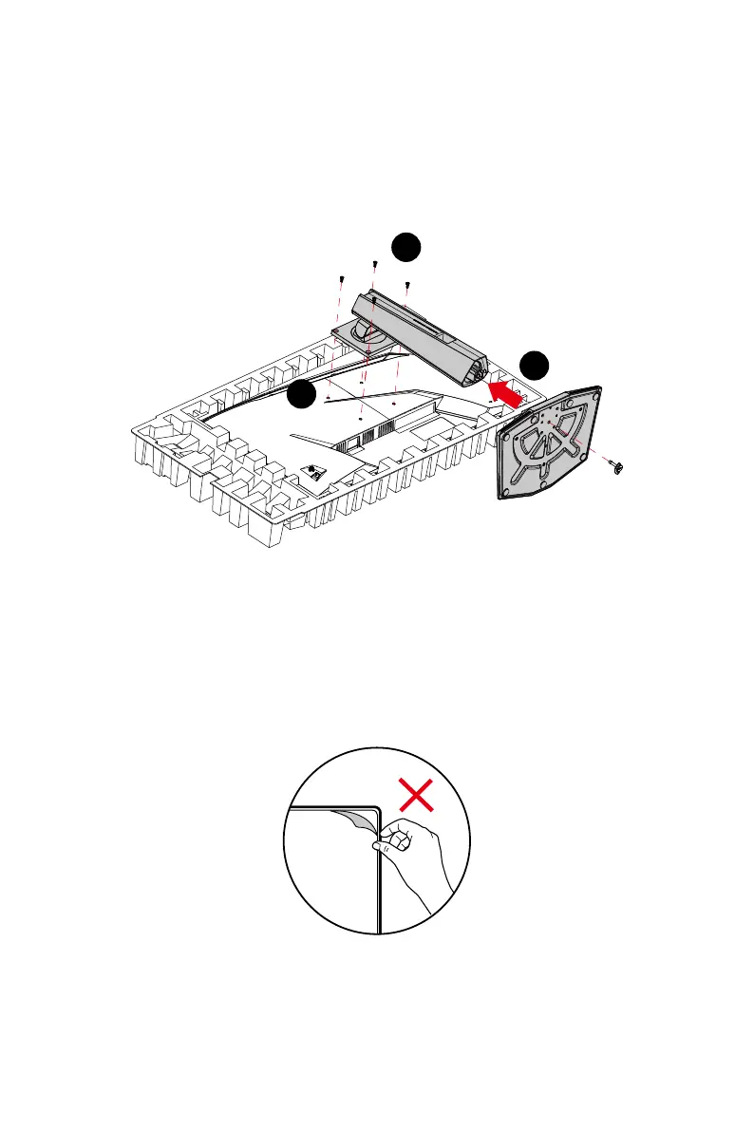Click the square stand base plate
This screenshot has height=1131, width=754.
point(548,441)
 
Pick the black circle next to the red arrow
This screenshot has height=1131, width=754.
point(536,366)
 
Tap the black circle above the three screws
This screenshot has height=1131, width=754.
point(407,247)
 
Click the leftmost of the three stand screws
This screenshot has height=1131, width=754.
point(340,278)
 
